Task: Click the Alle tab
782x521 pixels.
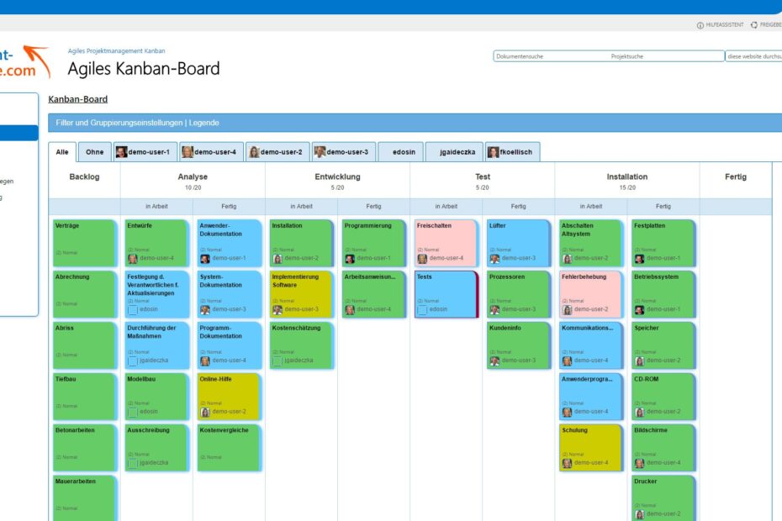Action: pos(62,152)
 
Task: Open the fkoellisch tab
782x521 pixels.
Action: pos(513,152)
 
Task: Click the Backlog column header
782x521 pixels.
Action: pos(84,177)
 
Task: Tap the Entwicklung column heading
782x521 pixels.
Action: pos(337,177)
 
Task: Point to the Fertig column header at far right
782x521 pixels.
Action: pos(735,177)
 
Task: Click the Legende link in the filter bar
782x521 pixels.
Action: pos(203,123)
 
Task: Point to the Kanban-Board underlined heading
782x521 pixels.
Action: pos(78,99)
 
